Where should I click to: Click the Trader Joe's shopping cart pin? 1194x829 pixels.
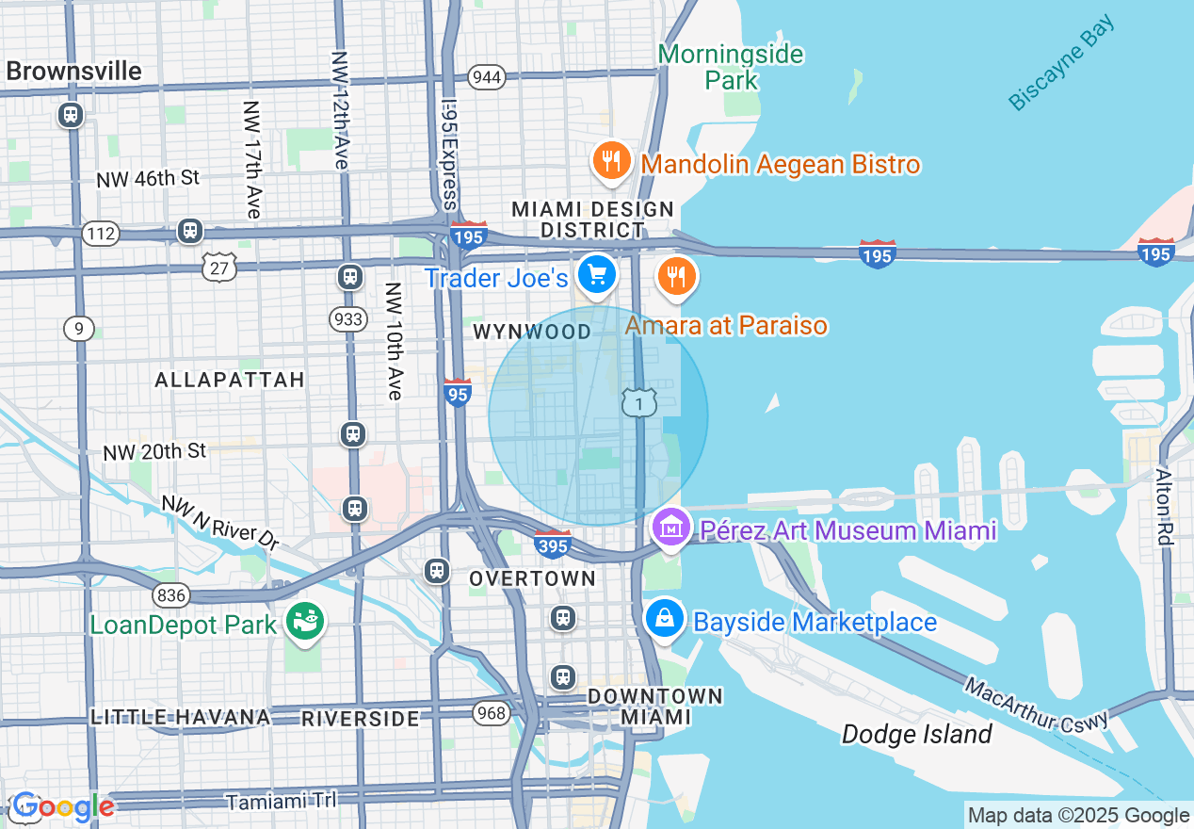(596, 275)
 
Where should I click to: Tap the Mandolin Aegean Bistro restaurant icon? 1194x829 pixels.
(611, 162)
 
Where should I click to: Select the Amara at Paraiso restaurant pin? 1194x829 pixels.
(675, 277)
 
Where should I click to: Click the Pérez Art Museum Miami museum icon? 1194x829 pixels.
(670, 528)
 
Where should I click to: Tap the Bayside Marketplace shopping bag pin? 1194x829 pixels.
(664, 619)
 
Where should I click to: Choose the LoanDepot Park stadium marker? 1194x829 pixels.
(306, 622)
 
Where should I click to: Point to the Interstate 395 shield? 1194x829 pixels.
(553, 545)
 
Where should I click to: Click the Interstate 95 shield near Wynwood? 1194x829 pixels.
(457, 393)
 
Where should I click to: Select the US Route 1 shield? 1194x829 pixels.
(638, 402)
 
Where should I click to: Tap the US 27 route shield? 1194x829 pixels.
(218, 268)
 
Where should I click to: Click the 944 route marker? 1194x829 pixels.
(487, 77)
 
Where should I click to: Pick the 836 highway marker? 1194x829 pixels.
(171, 594)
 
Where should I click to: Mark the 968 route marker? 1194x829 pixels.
(492, 712)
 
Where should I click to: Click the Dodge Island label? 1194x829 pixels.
(916, 734)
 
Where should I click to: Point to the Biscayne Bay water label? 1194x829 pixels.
(1061, 63)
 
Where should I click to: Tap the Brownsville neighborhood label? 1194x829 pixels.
(73, 71)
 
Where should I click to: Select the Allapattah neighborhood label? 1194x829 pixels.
(229, 380)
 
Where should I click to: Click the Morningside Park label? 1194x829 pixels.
(731, 67)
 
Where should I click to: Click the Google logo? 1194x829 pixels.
(63, 806)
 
